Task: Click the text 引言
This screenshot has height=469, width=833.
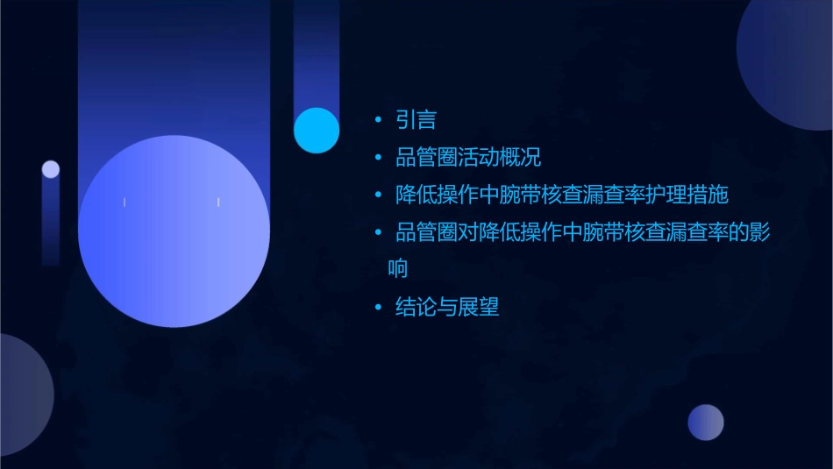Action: point(416,120)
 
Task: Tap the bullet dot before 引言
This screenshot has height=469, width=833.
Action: point(378,120)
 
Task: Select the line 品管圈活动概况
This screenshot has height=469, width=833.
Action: point(468,158)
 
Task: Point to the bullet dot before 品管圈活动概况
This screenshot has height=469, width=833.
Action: point(378,158)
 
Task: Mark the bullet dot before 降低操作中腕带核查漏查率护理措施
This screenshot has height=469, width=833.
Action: point(378,195)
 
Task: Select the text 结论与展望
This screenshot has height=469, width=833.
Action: point(447,307)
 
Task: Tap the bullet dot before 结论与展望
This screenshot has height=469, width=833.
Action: point(378,307)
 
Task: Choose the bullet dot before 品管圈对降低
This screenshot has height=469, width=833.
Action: point(378,232)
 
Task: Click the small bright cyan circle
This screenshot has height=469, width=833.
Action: point(317,130)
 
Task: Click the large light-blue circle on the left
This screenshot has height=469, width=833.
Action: point(174,231)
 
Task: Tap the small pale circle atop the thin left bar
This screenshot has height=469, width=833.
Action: point(51,169)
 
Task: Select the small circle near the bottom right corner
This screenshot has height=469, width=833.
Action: point(706,423)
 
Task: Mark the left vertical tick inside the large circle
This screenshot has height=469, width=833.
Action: point(125,203)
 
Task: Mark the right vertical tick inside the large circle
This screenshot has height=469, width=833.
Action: point(218,203)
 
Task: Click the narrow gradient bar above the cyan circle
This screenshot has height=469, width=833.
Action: point(317,53)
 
